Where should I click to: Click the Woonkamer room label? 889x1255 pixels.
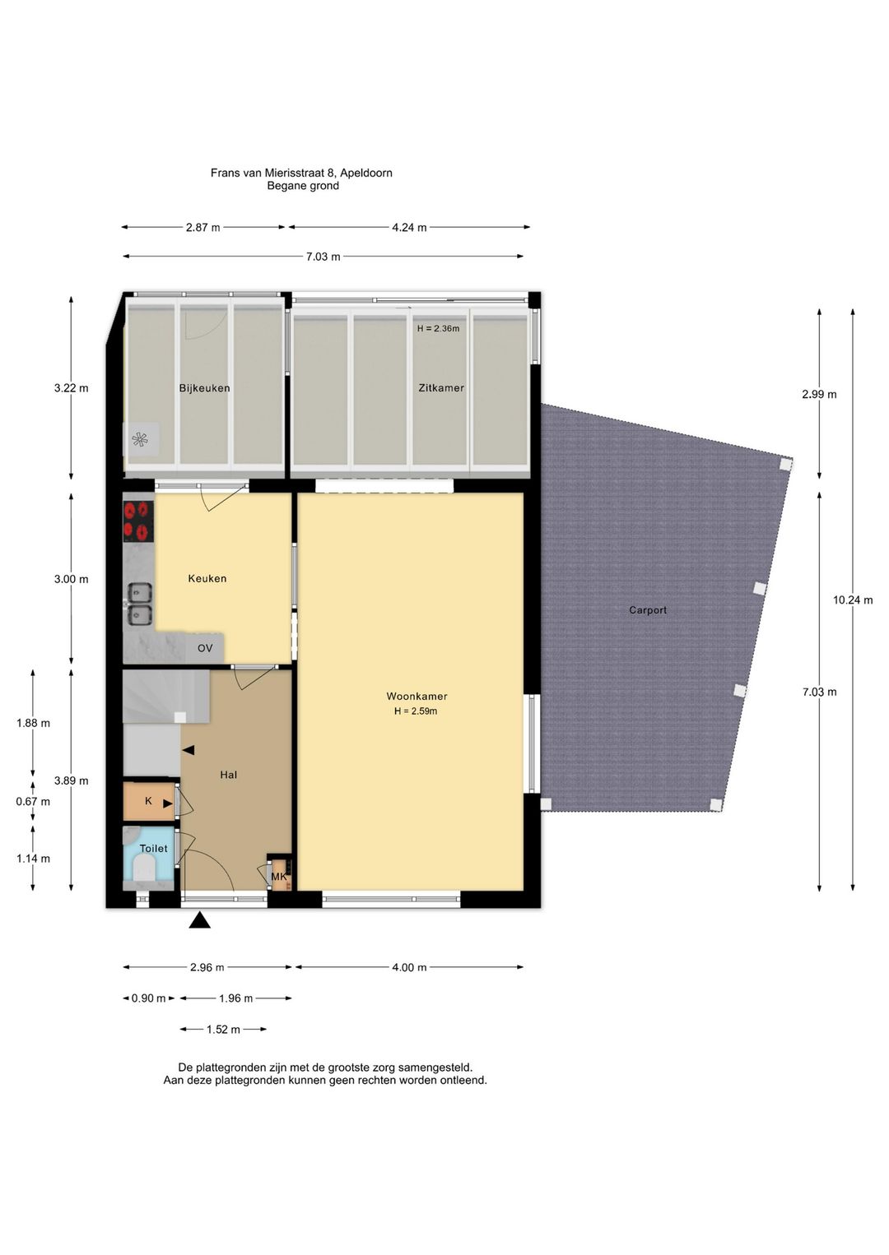click(x=417, y=697)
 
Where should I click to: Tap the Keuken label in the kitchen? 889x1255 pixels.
click(x=207, y=578)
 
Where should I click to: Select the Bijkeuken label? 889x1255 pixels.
click(x=204, y=387)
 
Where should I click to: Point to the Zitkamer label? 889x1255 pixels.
click(x=441, y=387)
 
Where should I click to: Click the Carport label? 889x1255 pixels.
click(x=648, y=610)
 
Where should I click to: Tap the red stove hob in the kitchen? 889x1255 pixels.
click(x=138, y=521)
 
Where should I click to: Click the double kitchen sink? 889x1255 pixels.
click(x=139, y=604)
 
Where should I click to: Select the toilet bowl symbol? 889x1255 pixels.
click(x=145, y=870)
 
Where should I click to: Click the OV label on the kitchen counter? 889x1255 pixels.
click(x=205, y=648)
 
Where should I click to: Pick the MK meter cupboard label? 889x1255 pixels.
click(x=279, y=877)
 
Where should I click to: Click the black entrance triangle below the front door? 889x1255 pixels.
click(x=200, y=920)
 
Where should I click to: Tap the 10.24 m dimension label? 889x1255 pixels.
click(x=853, y=600)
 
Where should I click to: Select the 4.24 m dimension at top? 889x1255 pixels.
click(x=409, y=228)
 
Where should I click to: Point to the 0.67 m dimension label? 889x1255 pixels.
click(x=33, y=802)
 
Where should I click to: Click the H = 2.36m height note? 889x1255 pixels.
click(x=438, y=328)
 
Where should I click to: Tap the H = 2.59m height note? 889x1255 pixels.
click(x=416, y=711)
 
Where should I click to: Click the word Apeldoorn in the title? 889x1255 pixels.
click(x=366, y=173)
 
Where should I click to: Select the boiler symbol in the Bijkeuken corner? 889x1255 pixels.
click(x=140, y=440)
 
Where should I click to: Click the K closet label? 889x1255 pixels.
click(x=148, y=801)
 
